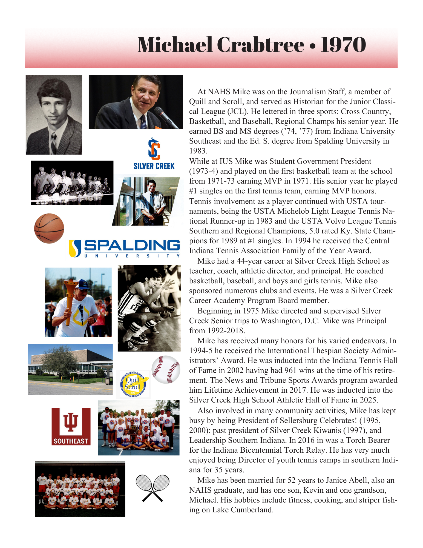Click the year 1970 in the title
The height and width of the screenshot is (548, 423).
(343, 45)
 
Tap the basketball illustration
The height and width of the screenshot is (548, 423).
(49, 228)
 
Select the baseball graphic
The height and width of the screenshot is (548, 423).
(166, 369)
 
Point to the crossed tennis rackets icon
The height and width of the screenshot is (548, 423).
(152, 488)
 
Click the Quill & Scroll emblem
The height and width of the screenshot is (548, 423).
(133, 384)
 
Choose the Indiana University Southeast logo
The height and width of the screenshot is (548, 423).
(71, 426)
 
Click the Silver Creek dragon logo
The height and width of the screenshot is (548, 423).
(154, 149)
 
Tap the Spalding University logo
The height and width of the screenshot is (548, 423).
(124, 248)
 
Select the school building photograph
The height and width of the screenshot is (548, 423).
(70, 369)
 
